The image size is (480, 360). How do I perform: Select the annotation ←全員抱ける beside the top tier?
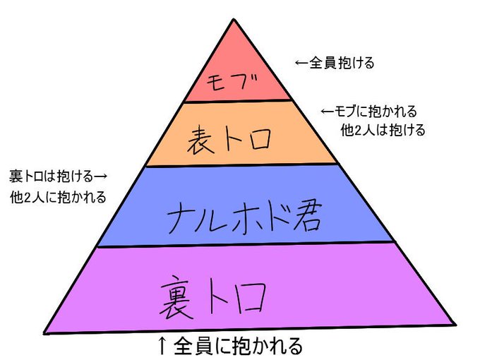click(x=334, y=63)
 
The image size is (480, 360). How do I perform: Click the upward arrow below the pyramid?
click(x=161, y=345)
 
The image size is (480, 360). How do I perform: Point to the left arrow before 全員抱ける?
click(x=301, y=63)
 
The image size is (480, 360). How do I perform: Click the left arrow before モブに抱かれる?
click(x=327, y=112)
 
